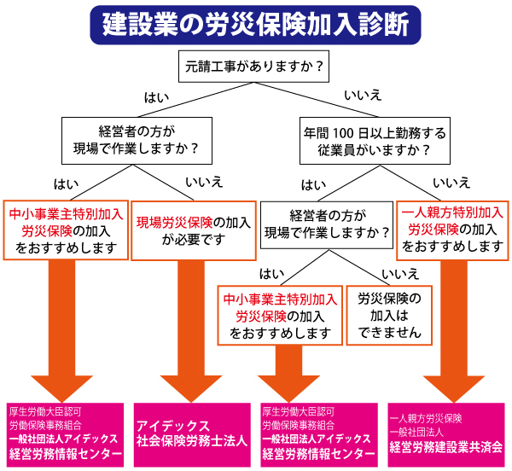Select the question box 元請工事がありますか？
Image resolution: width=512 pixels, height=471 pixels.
(255, 67)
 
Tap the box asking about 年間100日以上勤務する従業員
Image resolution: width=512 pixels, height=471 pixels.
(374, 142)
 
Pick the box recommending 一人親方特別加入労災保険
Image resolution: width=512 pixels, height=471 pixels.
(453, 229)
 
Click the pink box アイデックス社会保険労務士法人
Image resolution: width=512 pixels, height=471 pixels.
(194, 434)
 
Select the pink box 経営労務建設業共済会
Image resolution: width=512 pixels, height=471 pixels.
(448, 433)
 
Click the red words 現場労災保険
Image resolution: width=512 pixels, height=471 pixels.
(175, 223)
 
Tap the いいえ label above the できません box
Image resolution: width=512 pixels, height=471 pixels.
(400, 273)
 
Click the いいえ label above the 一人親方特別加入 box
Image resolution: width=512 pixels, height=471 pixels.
(451, 183)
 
